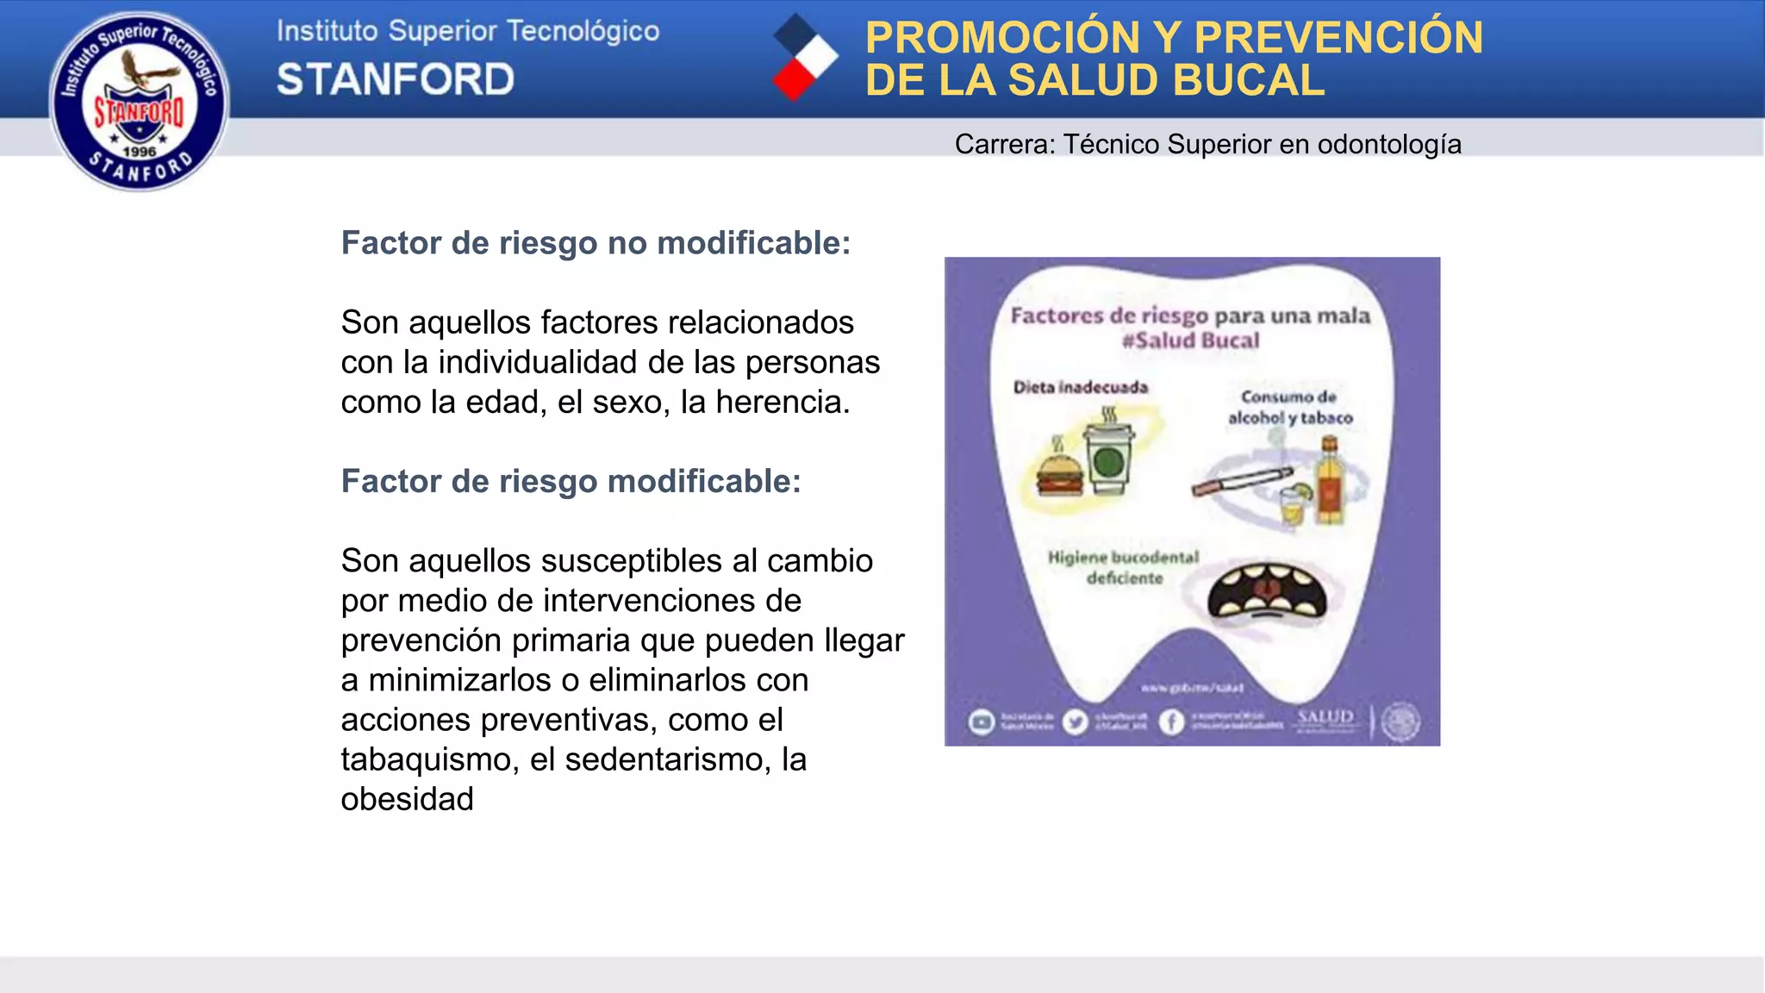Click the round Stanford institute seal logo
point(140,101)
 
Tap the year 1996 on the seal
point(139,152)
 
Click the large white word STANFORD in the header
point(396,79)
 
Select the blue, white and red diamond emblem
point(805,57)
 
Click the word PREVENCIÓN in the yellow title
point(1338,38)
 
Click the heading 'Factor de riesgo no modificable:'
point(596,243)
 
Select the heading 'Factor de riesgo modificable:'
point(571,481)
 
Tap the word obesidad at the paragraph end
point(407,799)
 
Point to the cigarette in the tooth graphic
point(1242,481)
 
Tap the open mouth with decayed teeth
point(1265,593)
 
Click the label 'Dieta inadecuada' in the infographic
point(1081,387)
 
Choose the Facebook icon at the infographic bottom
point(1170,721)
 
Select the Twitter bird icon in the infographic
point(1075,721)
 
